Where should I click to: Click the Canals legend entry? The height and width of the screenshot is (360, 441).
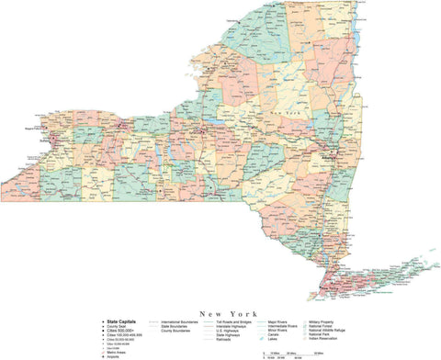(275, 336)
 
